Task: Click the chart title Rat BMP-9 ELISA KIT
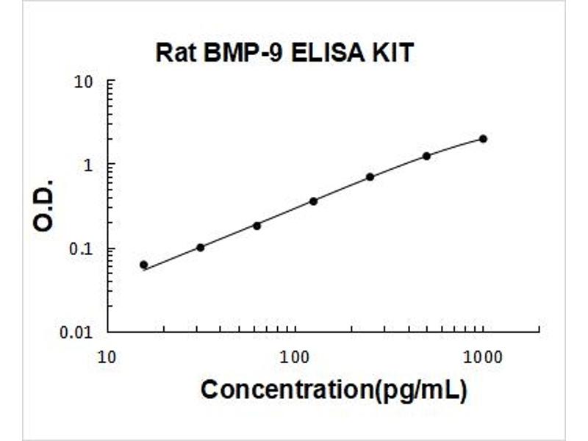284,53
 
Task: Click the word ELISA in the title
323,53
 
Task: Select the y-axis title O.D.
44,204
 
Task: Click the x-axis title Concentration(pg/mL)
334,390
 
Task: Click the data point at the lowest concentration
143,265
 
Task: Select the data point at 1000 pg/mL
483,138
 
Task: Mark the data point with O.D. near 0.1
200,247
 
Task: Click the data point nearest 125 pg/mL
313,201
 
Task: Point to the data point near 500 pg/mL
426,156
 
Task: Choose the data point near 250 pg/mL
370,176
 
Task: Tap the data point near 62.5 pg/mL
257,225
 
